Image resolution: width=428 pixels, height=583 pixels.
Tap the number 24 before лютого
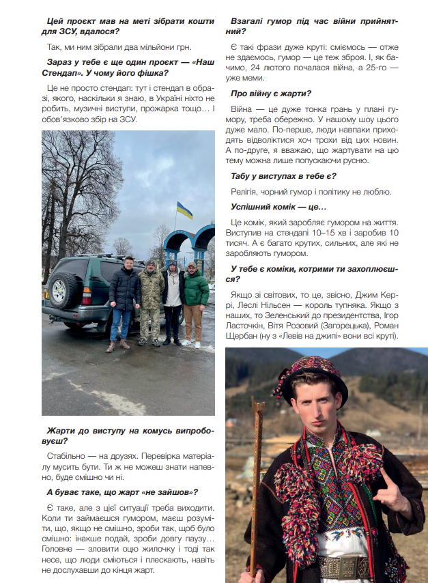tap(251, 68)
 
